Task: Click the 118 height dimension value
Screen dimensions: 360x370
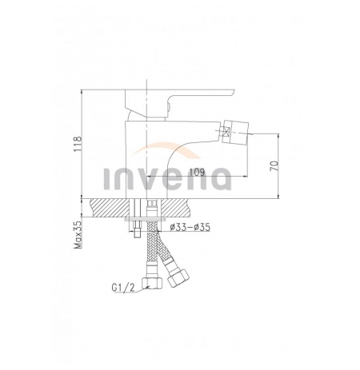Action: pos(78,144)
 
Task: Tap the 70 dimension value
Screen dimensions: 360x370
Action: pos(274,165)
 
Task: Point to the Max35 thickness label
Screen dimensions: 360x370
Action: pos(78,235)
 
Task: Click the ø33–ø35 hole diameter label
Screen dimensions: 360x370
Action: pos(190,227)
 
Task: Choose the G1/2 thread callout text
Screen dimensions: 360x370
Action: pos(123,288)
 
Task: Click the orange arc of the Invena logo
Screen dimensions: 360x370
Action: pos(166,149)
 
